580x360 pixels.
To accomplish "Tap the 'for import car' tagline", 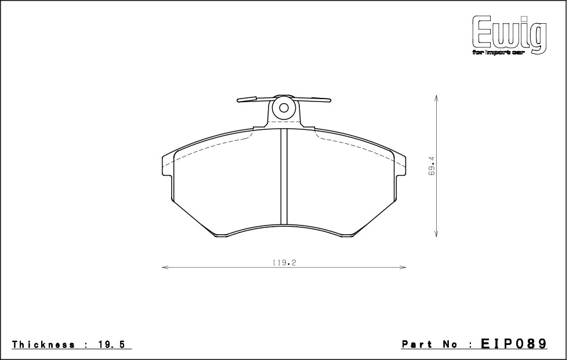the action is click(498, 53).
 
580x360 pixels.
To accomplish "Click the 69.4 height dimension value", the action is click(432, 166).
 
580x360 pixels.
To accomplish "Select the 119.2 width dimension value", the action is click(284, 263).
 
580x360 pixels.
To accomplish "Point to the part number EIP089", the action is click(513, 344).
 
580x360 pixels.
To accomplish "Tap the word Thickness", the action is click(43, 345).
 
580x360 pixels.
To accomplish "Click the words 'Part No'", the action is click(430, 344).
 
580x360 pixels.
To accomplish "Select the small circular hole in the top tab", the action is click(284, 108).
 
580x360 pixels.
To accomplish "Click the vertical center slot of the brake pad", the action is click(284, 176).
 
